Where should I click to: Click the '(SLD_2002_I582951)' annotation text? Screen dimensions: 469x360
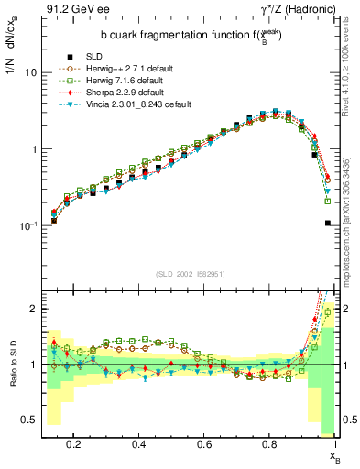pos(187,274)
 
